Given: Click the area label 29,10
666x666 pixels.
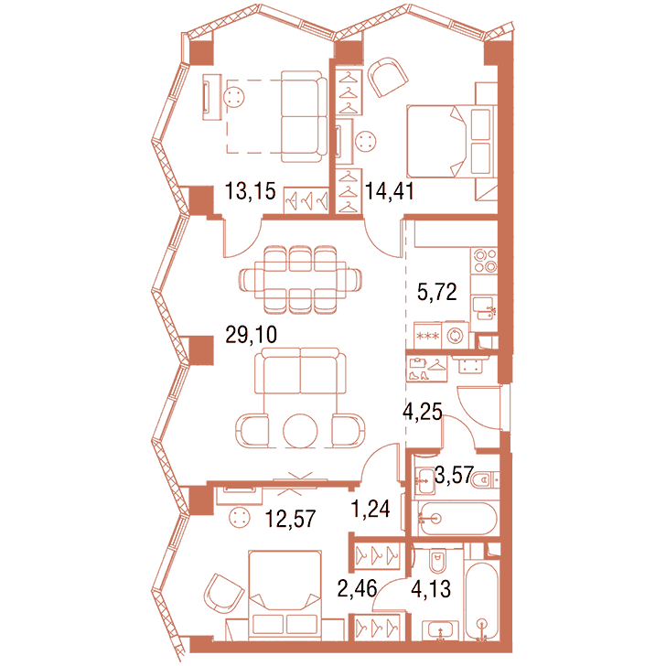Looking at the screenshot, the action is [x=251, y=335].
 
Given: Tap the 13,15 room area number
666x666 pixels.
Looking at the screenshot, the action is [x=250, y=190].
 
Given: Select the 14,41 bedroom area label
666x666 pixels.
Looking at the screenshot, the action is [x=389, y=190].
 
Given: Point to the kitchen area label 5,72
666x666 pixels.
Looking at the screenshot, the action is [x=436, y=292].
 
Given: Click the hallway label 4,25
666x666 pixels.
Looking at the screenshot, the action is [x=423, y=411].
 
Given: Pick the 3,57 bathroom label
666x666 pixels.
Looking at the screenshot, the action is [x=454, y=475].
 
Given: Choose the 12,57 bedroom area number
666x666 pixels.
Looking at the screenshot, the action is [x=291, y=518].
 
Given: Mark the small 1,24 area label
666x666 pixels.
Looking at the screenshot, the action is [x=371, y=508].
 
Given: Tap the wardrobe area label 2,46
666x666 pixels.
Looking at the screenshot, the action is [x=357, y=588].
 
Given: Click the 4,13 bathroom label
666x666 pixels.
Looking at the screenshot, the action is [x=431, y=589].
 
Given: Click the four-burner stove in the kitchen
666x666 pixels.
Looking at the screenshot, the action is [x=485, y=261].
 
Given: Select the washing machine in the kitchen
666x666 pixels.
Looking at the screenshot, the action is [x=455, y=336].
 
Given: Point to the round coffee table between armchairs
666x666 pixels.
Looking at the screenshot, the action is [x=300, y=431].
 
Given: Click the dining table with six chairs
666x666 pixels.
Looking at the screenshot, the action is [x=300, y=280].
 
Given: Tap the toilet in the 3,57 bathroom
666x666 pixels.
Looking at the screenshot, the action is [x=486, y=480].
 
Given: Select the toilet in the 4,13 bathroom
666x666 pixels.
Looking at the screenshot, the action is [x=437, y=560].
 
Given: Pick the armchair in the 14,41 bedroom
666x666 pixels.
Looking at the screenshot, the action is [x=387, y=77].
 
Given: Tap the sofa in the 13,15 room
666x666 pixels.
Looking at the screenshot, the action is [x=304, y=117].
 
